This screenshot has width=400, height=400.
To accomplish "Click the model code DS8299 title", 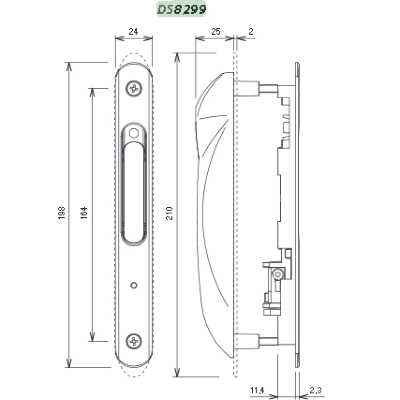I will pos(182,9).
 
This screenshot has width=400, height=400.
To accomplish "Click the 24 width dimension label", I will pos(133,31).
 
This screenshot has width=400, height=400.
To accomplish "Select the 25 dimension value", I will pos(216,31).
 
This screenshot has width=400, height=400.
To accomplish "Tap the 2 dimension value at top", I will pos(251,31).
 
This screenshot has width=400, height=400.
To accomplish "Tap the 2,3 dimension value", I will pos(315,390).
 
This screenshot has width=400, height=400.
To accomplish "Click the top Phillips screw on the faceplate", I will pos(134,88).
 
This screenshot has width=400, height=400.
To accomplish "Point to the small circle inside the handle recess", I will pos(134,133).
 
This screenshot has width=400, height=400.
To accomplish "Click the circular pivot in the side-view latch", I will pos(277,275).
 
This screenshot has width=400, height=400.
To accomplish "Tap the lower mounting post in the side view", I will pos(247,341).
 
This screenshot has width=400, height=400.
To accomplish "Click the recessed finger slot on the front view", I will pos(134,193).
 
